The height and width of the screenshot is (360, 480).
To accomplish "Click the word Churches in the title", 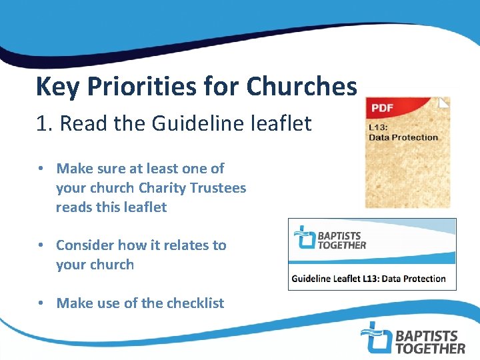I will point(301,86).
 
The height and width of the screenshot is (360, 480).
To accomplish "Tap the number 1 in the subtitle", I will point(41,123).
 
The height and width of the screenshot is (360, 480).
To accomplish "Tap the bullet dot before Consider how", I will point(41,245).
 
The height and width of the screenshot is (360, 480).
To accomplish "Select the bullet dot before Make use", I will point(41,303).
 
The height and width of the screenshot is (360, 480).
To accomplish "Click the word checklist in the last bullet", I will point(195,303).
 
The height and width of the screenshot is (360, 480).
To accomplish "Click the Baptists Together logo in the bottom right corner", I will point(412,337).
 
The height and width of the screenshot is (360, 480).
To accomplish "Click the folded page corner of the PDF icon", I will point(444,103).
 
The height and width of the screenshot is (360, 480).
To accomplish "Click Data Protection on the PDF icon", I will point(403,137).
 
